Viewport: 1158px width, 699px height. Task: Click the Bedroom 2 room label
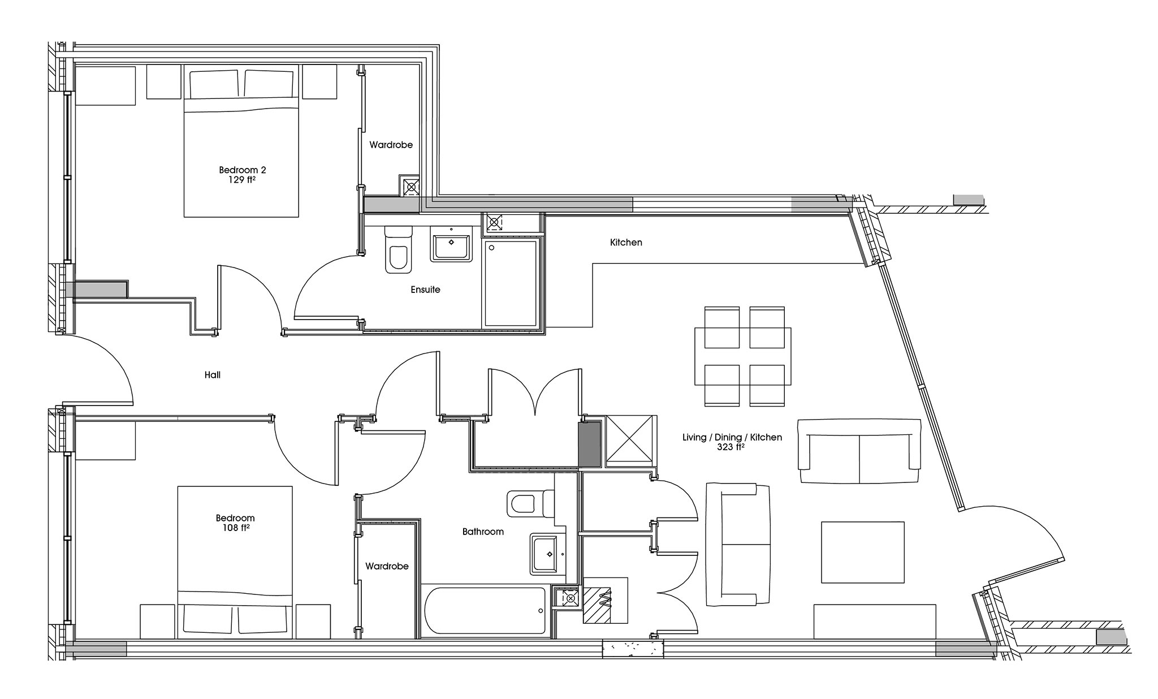click(242, 170)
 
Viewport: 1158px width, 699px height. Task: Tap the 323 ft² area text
click(732, 447)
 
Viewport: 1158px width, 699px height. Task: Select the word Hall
click(213, 375)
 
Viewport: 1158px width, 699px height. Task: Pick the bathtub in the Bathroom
click(484, 611)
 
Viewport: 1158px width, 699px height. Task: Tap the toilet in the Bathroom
click(529, 503)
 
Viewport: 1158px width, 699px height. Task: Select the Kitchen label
click(626, 243)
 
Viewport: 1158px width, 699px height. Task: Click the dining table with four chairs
click(743, 356)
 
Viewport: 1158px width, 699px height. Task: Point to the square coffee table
click(862, 552)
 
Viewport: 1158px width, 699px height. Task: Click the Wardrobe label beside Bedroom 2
click(391, 145)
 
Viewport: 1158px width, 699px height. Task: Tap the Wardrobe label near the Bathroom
click(387, 566)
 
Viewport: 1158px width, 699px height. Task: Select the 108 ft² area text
click(235, 528)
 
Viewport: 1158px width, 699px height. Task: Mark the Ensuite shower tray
click(511, 283)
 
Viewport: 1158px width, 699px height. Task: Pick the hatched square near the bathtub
click(597, 605)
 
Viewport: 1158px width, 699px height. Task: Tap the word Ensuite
click(425, 290)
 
